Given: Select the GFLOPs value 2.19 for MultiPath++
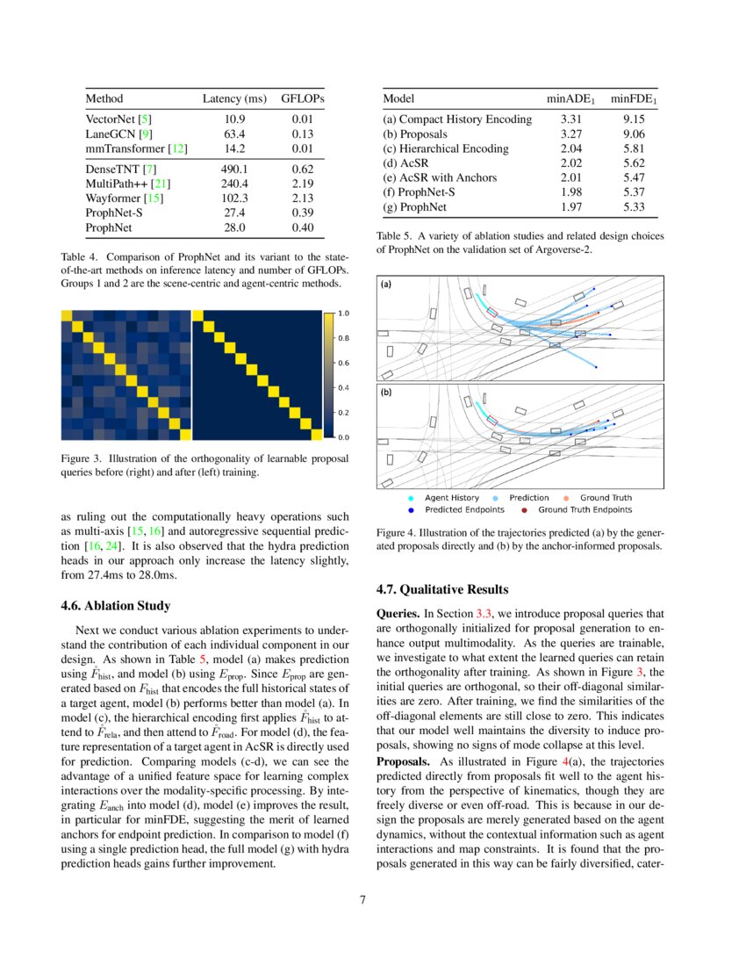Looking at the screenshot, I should [x=302, y=184].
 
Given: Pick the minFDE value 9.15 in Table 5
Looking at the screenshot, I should [x=635, y=119].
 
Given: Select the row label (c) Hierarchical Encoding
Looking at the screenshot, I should [x=445, y=148].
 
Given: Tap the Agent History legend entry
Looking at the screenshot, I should [x=452, y=498].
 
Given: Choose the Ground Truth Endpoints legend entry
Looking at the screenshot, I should [x=585, y=509].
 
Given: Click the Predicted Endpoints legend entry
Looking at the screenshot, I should [x=464, y=509].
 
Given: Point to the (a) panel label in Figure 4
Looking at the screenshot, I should [x=386, y=285].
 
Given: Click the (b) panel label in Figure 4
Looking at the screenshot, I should [x=386, y=394].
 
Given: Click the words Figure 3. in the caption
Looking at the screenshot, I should [x=81, y=458].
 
